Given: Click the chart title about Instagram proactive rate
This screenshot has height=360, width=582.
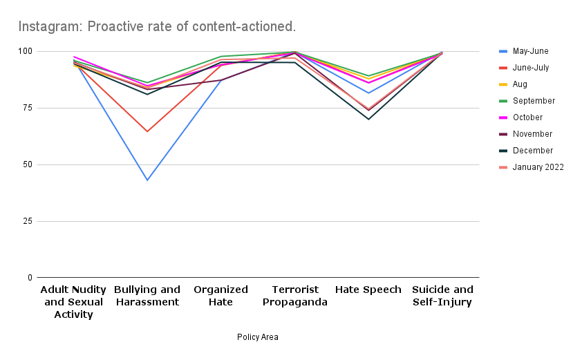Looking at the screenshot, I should click(157, 27).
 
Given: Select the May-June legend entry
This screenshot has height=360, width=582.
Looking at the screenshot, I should click(530, 51).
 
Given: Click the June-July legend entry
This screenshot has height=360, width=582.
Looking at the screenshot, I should click(531, 68).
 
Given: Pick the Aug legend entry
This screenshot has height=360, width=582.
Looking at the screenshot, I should click(520, 84).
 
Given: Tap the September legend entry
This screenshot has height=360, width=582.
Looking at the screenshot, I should click(534, 101).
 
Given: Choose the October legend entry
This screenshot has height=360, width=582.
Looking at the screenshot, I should click(527, 117).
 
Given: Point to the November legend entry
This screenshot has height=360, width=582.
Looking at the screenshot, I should click(532, 134).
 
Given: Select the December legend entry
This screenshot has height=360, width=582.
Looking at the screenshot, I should click(532, 151).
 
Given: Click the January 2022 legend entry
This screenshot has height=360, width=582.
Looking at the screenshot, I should click(538, 167).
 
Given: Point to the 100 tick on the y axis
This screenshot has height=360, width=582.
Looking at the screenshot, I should click(26, 52).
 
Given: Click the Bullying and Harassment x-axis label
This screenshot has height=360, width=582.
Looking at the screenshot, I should click(147, 296).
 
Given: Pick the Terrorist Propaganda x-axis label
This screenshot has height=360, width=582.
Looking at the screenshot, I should click(294, 296).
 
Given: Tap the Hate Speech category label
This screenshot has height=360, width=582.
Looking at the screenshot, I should click(368, 290).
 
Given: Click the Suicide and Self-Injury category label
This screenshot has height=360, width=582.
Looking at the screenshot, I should click(442, 296).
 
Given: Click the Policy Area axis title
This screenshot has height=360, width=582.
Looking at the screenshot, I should click(257, 337).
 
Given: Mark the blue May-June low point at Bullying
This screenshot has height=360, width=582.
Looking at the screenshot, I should click(147, 180).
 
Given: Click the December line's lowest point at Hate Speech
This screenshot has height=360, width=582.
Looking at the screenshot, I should click(368, 120).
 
